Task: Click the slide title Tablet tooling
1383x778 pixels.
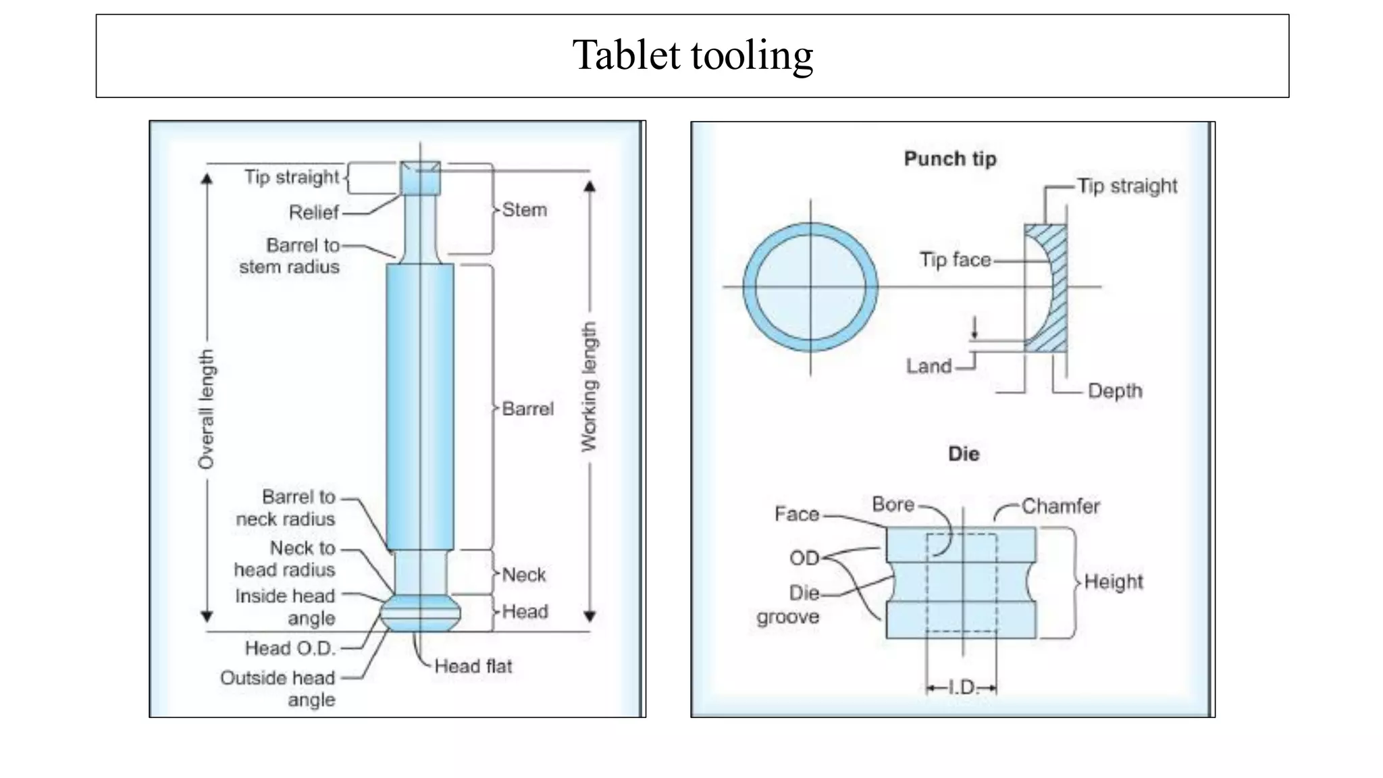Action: click(692, 55)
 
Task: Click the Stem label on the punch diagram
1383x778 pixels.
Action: click(524, 210)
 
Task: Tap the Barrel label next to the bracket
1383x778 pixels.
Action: click(527, 409)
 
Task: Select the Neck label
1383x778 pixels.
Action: click(523, 575)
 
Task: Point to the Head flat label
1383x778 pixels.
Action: click(473, 667)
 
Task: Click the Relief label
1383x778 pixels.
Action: click(313, 212)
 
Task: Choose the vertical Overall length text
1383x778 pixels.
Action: click(206, 409)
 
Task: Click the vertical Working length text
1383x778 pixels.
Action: click(590, 386)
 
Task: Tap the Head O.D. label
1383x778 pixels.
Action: click(290, 648)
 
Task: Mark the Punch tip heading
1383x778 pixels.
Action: click(950, 159)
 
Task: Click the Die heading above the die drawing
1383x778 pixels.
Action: click(964, 454)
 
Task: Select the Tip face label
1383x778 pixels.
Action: click(955, 259)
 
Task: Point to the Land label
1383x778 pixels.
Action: click(929, 366)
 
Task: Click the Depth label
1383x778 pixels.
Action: click(1115, 391)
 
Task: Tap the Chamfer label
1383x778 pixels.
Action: click(1060, 506)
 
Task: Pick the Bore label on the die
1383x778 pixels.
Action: click(893, 504)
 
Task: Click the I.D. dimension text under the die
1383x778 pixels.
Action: click(962, 688)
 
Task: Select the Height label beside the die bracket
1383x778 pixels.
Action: click(1114, 581)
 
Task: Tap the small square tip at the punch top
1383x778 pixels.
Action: click(420, 178)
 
